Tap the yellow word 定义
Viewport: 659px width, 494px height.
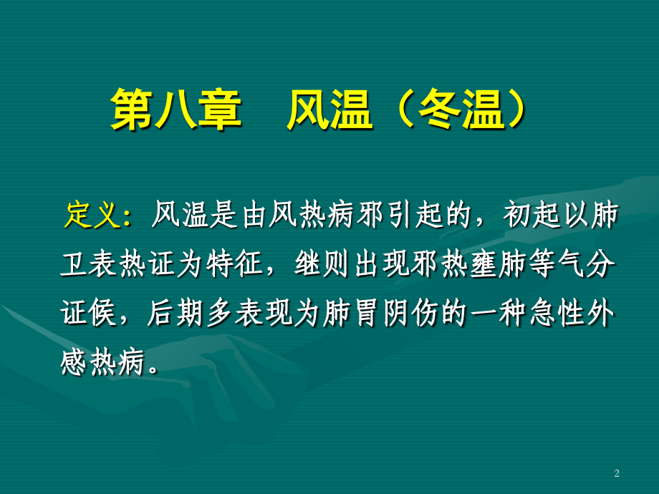coord(91,215)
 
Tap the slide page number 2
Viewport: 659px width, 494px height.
coord(617,473)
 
